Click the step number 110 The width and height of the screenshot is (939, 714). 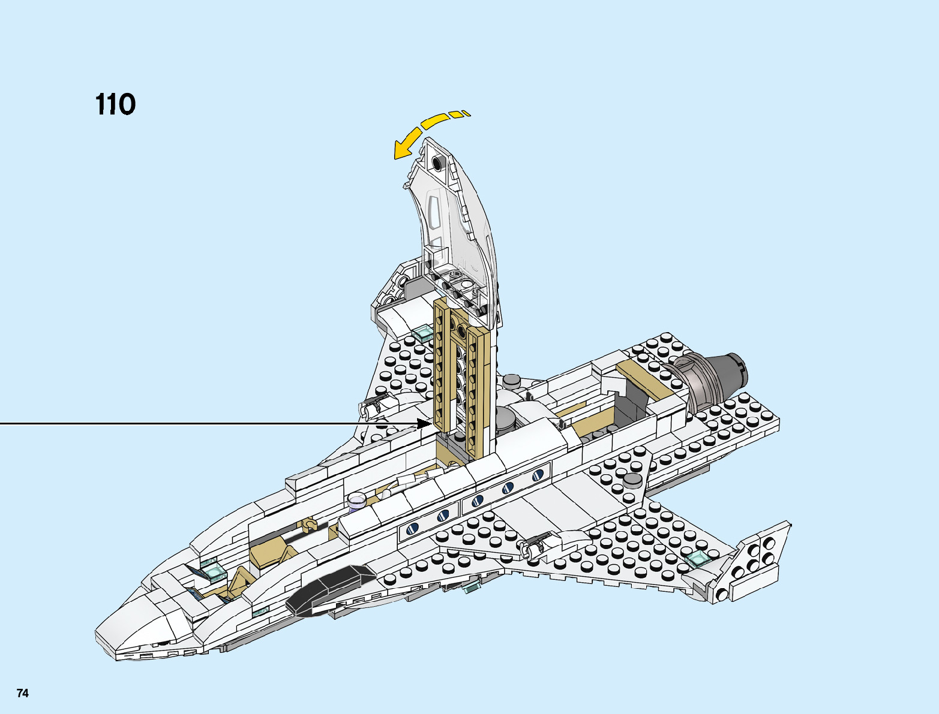click(115, 104)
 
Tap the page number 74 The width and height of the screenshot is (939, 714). click(22, 694)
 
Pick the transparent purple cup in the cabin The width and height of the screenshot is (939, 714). click(357, 501)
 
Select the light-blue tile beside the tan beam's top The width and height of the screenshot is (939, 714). click(422, 333)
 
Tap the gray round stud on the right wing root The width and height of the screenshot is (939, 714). click(632, 480)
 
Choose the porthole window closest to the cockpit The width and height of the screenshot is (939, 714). click(413, 529)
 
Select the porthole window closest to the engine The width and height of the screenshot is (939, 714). click(538, 475)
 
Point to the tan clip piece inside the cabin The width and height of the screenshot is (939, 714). click(310, 526)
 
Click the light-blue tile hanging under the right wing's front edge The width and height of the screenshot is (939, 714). click(472, 587)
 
